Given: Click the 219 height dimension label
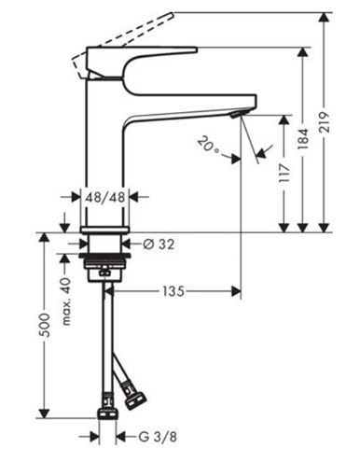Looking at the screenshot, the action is click(x=325, y=122).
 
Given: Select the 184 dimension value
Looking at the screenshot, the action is click(x=303, y=138).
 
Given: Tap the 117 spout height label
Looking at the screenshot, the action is click(x=284, y=173).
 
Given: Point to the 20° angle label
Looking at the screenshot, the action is click(x=208, y=146).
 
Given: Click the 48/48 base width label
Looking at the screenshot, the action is click(x=105, y=197).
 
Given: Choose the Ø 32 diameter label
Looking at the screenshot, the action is click(x=159, y=245).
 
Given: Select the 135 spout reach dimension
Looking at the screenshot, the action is click(x=173, y=291).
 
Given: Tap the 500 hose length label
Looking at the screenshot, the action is click(x=46, y=326).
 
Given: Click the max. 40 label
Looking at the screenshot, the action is click(x=66, y=301).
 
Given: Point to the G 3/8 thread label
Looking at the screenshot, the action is click(x=158, y=437).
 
